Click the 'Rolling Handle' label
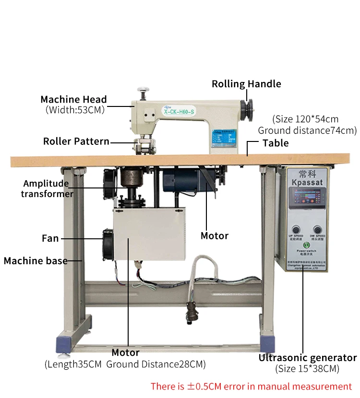246,84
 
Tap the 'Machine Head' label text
73,100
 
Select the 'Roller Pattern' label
76,141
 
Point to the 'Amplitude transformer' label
47,188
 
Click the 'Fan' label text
50,238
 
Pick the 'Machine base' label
36,261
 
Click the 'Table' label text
276,143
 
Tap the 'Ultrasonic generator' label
307,358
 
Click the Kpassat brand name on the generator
305,182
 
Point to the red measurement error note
251,386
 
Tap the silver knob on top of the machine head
142,90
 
